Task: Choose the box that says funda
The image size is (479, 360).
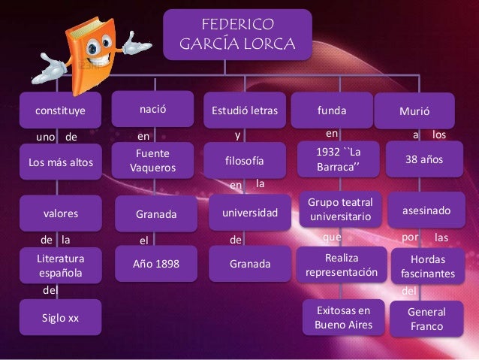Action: pos(332,111)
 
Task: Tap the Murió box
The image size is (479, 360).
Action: pos(414,112)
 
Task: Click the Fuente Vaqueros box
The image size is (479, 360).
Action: pos(152,160)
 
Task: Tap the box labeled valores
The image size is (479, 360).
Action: pos(61,213)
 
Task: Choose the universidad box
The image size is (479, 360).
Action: pos(249,213)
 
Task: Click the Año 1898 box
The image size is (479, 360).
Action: pos(155,264)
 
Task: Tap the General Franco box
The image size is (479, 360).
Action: pos(426,319)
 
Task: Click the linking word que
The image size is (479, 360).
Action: pos(331,237)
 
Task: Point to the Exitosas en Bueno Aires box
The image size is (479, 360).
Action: pos(343,318)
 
